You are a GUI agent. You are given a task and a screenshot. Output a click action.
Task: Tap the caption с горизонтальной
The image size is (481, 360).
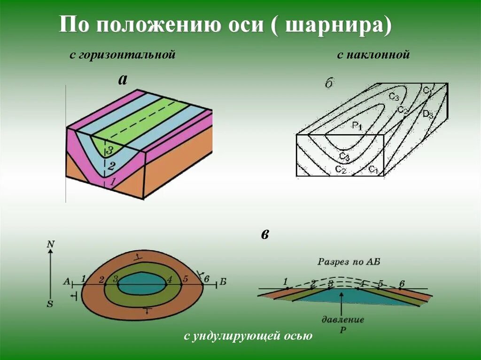(x=123, y=55)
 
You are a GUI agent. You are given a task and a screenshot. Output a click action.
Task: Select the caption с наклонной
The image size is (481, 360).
(x=373, y=55)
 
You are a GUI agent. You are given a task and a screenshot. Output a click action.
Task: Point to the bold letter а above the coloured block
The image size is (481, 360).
(x=123, y=79)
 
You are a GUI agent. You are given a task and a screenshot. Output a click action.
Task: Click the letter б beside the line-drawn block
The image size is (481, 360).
(x=329, y=83)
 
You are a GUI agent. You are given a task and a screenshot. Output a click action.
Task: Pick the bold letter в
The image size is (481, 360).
(x=265, y=234)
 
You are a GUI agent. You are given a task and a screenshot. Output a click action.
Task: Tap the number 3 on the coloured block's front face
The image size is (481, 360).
(x=109, y=150)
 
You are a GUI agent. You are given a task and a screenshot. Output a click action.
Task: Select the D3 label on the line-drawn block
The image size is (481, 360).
(x=427, y=114)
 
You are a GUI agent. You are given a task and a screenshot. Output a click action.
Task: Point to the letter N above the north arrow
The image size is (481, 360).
(x=51, y=244)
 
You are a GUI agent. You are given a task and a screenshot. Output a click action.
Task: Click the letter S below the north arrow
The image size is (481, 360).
(x=50, y=304)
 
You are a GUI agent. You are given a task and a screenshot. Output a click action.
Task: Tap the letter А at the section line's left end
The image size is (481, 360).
(x=67, y=282)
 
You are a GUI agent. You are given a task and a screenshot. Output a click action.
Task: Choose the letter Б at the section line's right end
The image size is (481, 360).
(x=223, y=282)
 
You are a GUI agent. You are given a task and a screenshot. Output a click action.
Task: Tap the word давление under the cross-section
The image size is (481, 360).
(x=343, y=320)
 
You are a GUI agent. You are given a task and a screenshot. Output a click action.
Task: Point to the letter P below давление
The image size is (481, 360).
(x=342, y=330)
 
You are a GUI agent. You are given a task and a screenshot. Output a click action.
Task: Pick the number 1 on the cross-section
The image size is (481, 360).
(x=286, y=281)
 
